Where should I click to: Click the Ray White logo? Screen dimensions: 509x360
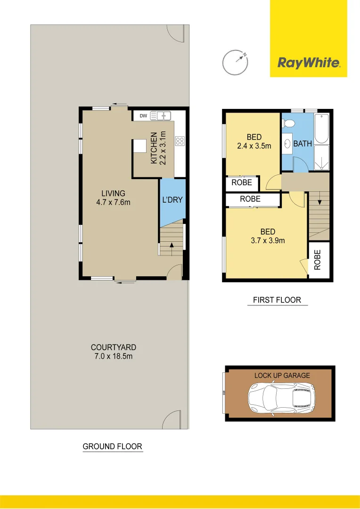pos(308,63)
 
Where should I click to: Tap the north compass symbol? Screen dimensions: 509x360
pos(236,62)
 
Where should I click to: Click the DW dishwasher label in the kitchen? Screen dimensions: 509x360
pos(143,115)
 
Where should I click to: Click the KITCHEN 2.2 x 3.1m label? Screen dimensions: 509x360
pos(158,148)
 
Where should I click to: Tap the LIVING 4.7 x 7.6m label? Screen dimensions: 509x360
pos(113,198)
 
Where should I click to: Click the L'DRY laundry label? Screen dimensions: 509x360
pos(172,200)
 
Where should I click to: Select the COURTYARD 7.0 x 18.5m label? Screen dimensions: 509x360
pos(113,352)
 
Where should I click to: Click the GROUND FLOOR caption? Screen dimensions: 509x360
pos(112,446)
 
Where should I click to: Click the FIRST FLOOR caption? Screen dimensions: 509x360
pos(277,300)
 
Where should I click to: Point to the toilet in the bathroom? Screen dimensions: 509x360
pos(288,124)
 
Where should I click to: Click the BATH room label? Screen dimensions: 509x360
pos(302,144)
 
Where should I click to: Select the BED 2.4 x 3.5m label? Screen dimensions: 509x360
pos(254,141)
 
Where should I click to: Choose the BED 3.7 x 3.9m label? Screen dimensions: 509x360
pos(268,236)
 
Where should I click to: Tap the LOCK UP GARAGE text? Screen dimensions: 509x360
pos(282,376)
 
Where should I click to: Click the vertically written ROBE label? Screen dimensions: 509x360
pos(318,260)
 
